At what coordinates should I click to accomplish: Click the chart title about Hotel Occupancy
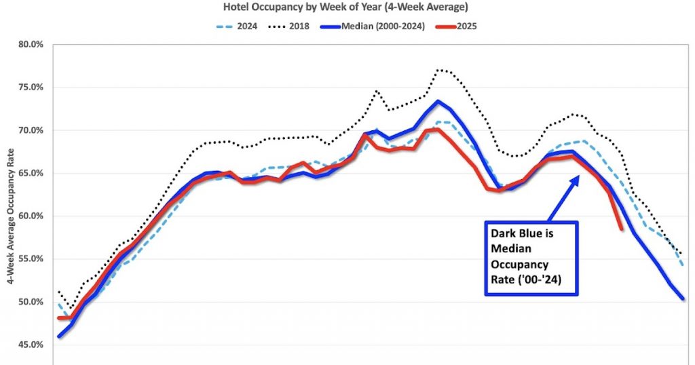point(347,7)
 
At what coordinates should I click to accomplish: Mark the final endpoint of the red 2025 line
point(622,229)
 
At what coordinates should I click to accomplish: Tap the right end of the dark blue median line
point(682,299)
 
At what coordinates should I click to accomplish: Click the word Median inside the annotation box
point(510,247)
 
